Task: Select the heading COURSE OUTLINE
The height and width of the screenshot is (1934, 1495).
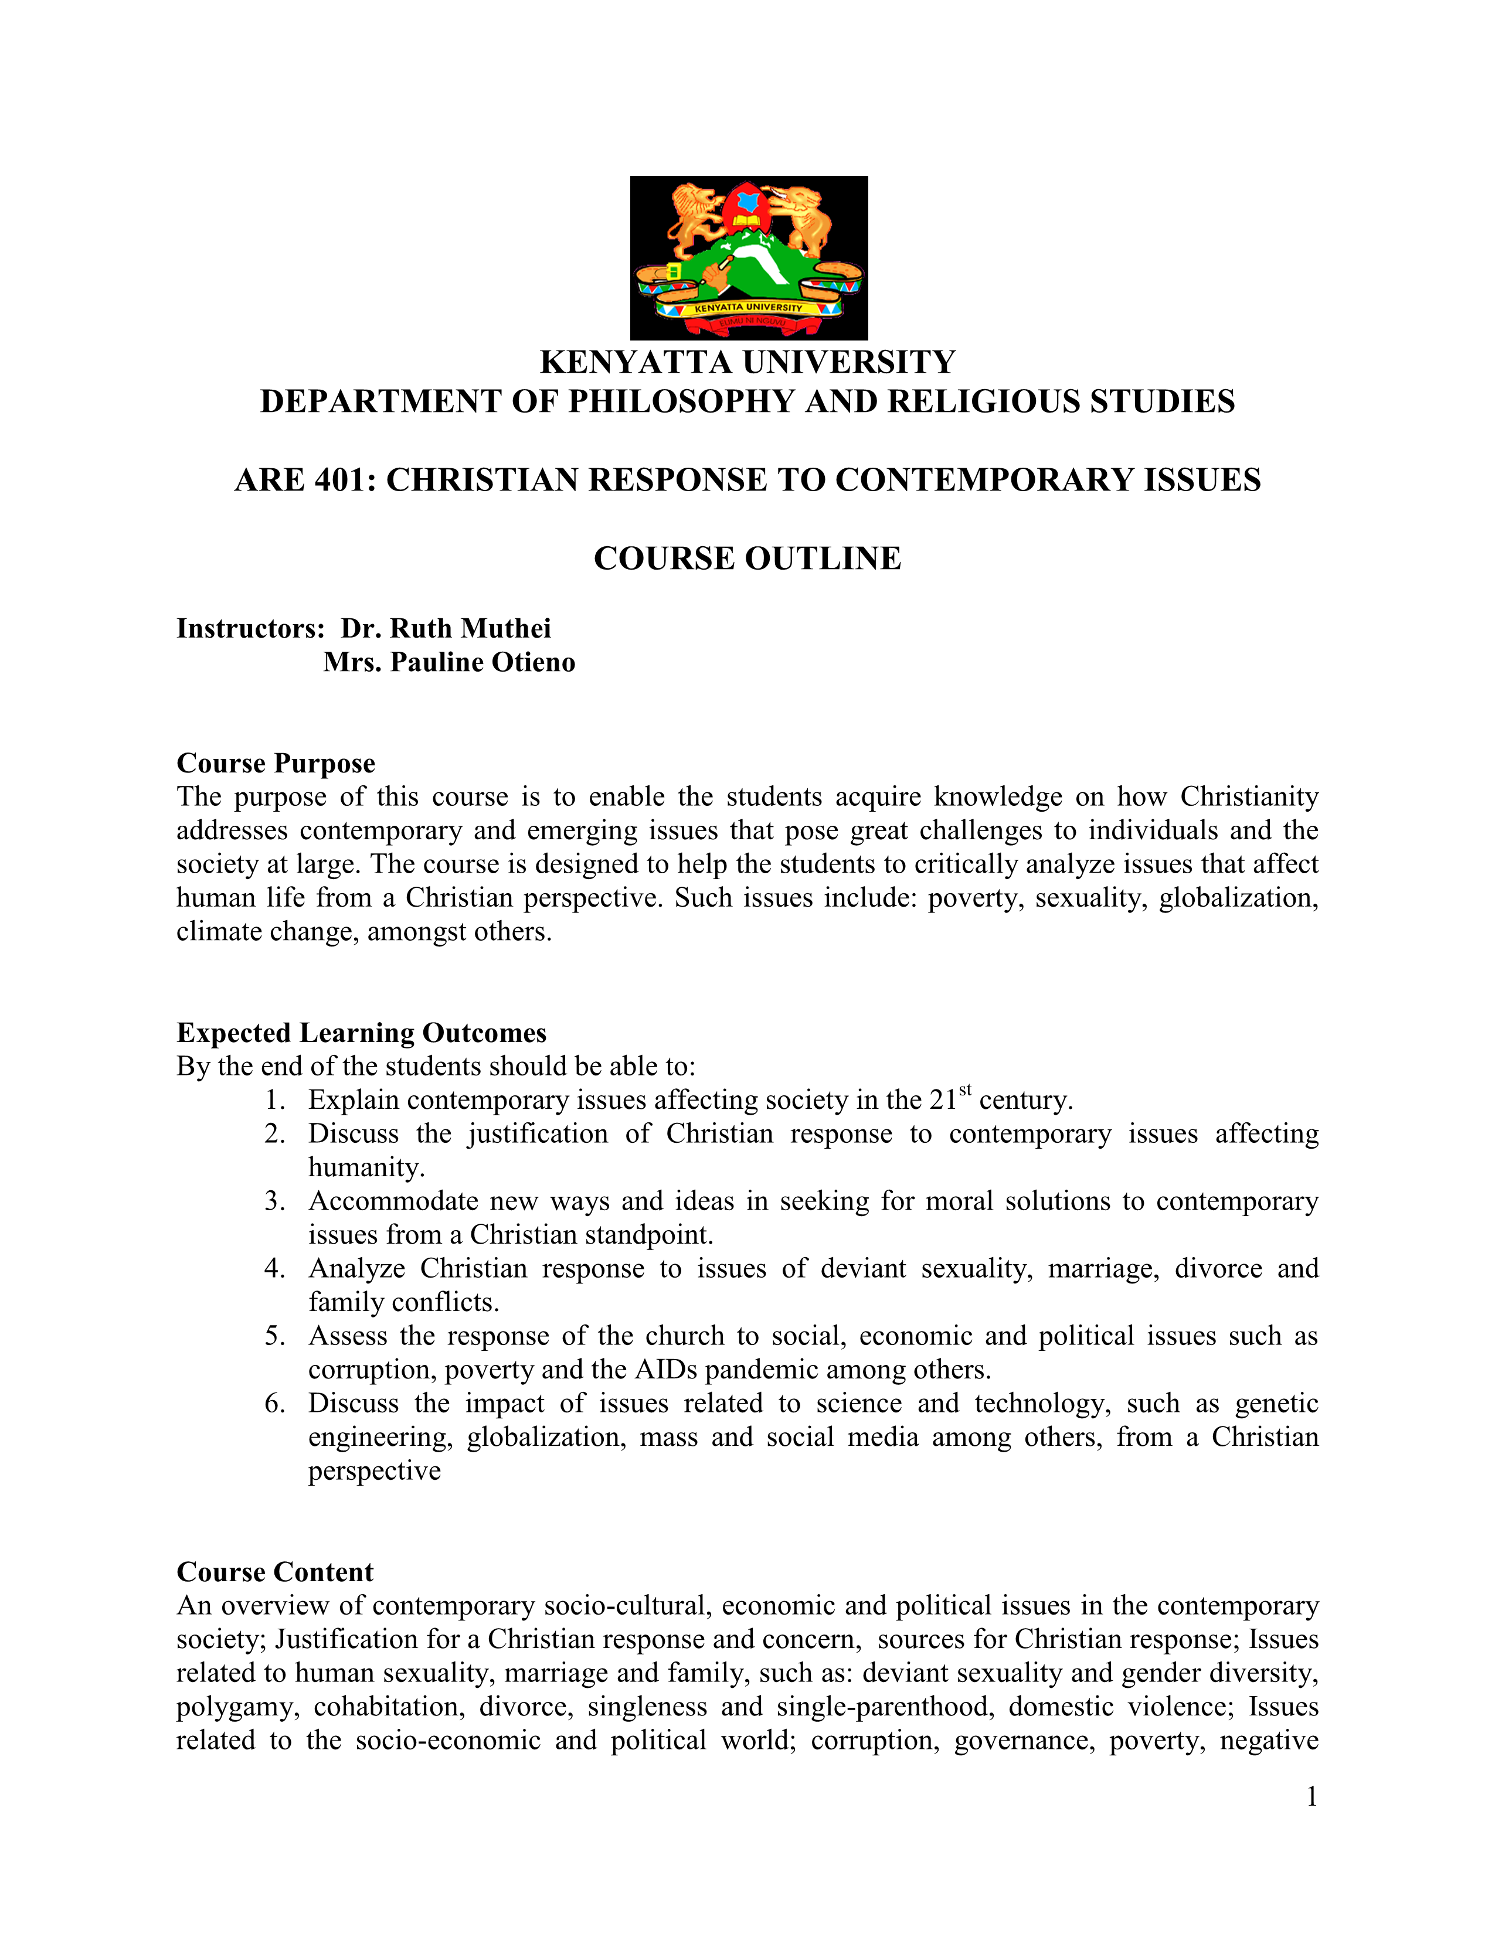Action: coord(747,559)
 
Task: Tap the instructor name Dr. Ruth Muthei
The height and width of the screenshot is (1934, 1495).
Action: coord(446,629)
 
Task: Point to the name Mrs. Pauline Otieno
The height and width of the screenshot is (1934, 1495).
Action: coord(449,662)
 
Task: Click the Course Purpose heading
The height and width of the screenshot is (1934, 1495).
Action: coord(276,763)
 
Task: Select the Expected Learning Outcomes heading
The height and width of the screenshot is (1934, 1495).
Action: coord(361,1033)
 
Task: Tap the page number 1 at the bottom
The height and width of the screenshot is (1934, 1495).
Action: coord(1311,1797)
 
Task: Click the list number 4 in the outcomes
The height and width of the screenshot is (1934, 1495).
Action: coord(274,1269)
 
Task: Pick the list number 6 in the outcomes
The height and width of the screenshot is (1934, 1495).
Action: coord(274,1404)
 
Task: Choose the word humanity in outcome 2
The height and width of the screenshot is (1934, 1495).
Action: coord(366,1168)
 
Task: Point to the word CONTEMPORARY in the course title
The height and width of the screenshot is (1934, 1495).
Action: coord(984,480)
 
